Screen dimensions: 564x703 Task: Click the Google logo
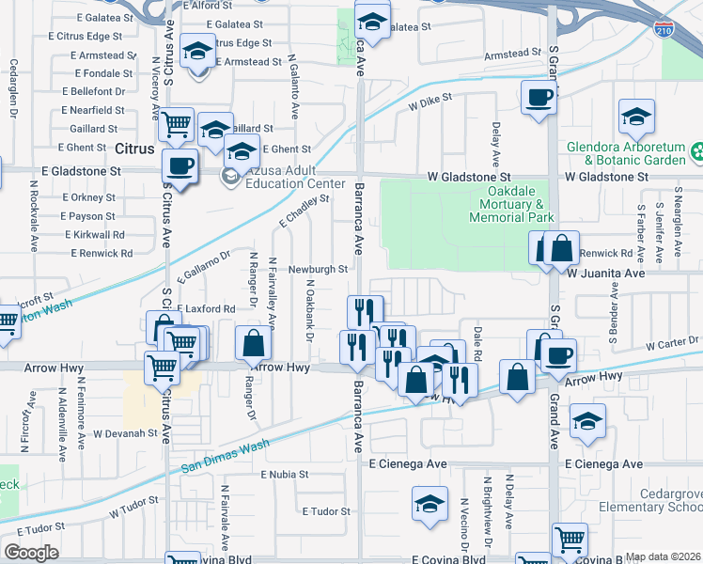pyautogui.click(x=31, y=553)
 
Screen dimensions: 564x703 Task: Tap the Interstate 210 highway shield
pyautogui.click(x=664, y=28)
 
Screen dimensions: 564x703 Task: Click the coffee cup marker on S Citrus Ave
pyautogui.click(x=179, y=165)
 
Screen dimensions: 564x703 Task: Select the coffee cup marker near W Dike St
pyautogui.click(x=539, y=97)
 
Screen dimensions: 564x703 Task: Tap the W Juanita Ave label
pyautogui.click(x=605, y=274)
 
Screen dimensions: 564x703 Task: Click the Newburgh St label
pyautogui.click(x=318, y=269)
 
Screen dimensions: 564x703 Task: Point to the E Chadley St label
pyautogui.click(x=305, y=213)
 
